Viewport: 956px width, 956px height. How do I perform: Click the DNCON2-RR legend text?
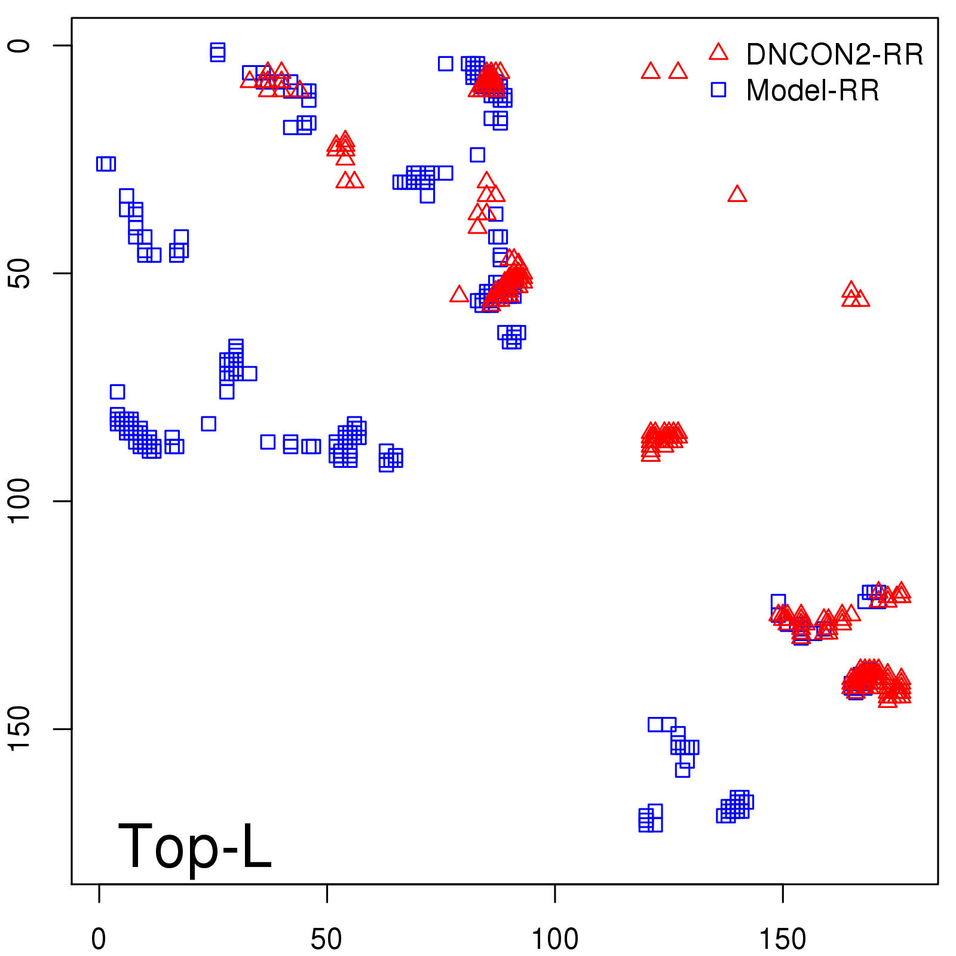(x=834, y=54)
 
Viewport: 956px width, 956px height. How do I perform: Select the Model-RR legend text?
(x=813, y=91)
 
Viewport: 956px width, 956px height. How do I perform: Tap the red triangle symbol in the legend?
(x=718, y=53)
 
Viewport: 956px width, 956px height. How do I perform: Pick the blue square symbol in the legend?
(x=718, y=90)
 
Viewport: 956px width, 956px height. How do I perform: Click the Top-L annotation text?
(x=195, y=846)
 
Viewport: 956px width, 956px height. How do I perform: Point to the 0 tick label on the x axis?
(x=99, y=939)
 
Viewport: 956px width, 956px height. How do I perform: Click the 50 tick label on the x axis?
(x=326, y=939)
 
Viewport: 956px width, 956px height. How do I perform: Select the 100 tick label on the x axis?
(x=554, y=939)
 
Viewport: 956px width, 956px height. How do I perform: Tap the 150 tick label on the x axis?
(x=782, y=939)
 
